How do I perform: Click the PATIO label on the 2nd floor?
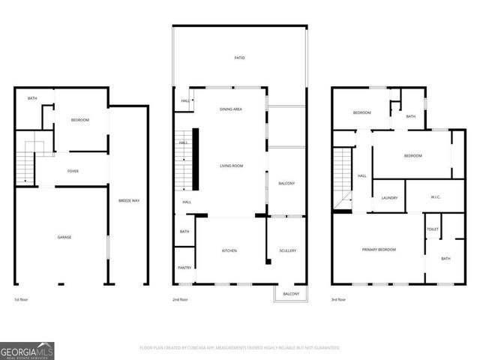(x=239, y=58)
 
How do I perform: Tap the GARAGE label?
(x=64, y=237)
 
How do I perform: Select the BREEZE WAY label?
(x=129, y=201)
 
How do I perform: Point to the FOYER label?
(x=73, y=171)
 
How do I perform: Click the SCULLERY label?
(x=287, y=250)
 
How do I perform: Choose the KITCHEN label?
(x=229, y=250)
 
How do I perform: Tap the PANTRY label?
(x=184, y=268)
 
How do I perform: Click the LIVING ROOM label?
(x=230, y=166)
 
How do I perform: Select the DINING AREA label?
(x=230, y=109)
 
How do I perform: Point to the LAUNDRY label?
(x=388, y=198)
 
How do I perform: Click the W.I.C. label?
(x=436, y=198)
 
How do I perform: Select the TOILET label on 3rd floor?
(x=433, y=229)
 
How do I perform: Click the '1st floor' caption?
(x=22, y=299)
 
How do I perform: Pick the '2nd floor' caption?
(x=179, y=299)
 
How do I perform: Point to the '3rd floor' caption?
(x=338, y=299)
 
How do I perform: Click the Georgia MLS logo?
(x=27, y=350)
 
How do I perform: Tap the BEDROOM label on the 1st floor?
(x=80, y=120)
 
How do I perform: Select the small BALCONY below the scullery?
(x=291, y=294)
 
